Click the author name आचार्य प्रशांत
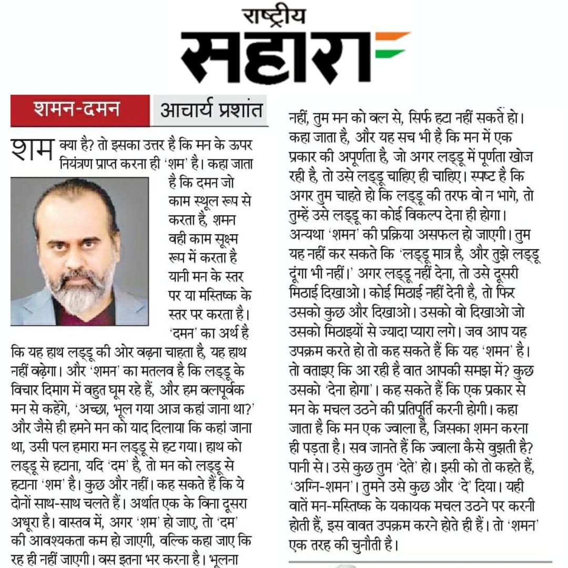210,110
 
